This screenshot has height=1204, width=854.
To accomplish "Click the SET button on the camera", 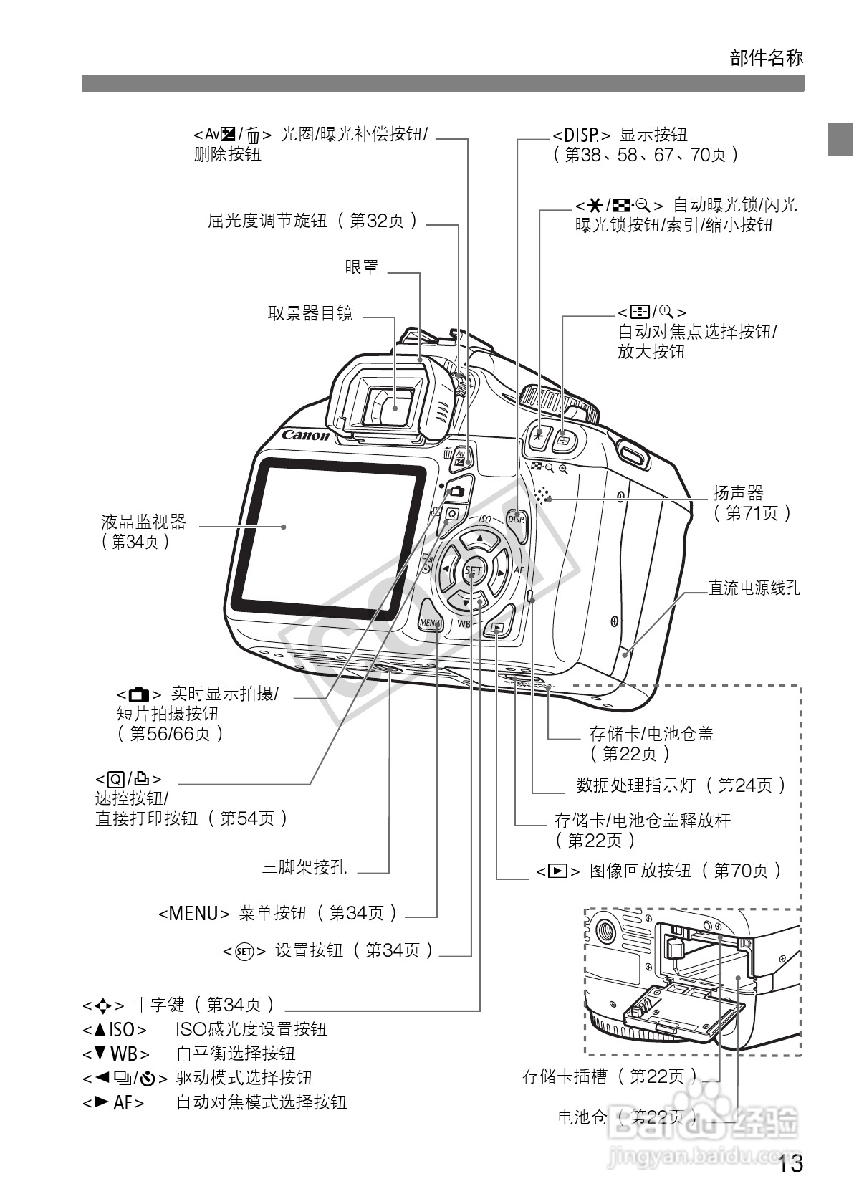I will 474,571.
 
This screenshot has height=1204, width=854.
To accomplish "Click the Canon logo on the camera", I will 306,435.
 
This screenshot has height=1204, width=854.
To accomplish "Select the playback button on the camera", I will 498,629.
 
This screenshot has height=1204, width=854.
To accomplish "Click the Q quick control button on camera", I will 451,513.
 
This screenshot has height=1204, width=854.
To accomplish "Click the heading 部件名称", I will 767,58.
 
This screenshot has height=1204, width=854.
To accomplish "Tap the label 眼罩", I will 362,268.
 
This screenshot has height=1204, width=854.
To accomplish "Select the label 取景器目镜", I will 310,313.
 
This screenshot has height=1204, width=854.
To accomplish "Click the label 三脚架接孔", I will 304,867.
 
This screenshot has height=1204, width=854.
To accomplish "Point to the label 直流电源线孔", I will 754,588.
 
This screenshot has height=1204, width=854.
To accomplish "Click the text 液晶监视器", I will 143,521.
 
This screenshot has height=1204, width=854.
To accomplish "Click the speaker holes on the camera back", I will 544,495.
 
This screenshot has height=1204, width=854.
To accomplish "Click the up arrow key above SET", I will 480,538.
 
